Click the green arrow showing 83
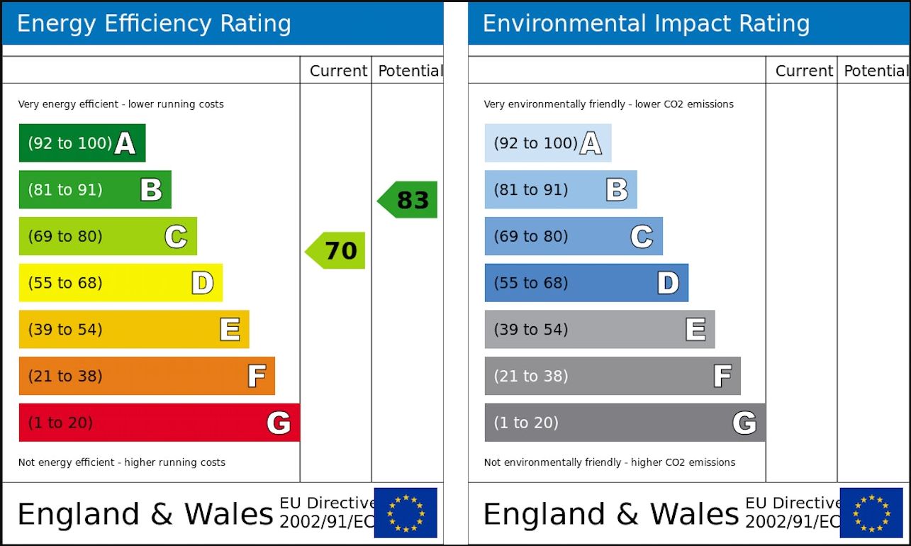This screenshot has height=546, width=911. [x=408, y=200]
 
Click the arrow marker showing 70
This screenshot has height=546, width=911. [x=336, y=250]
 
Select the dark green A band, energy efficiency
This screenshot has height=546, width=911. [x=82, y=143]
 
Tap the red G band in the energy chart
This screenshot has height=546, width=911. [x=159, y=423]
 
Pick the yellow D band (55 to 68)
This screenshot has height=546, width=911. [x=121, y=283]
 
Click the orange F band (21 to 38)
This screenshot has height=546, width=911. [x=147, y=376]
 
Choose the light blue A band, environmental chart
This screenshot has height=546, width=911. [x=547, y=143]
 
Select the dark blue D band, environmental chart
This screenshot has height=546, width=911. [x=586, y=283]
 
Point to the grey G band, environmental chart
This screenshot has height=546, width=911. [x=624, y=423]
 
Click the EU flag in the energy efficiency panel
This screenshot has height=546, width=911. [x=406, y=513]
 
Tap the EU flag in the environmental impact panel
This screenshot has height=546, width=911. [x=871, y=513]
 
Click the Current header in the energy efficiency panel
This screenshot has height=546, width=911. [x=338, y=71]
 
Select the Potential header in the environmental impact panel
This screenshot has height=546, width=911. [x=875, y=71]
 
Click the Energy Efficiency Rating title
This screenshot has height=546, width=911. [x=154, y=24]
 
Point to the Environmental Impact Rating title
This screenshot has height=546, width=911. [x=646, y=24]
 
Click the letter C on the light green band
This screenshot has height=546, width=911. [x=176, y=236]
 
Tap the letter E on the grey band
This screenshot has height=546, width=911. [x=695, y=329]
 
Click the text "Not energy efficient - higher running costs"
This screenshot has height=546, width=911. [x=122, y=462]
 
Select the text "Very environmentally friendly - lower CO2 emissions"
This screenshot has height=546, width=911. [x=608, y=104]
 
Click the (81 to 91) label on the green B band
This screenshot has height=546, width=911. [x=65, y=190]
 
